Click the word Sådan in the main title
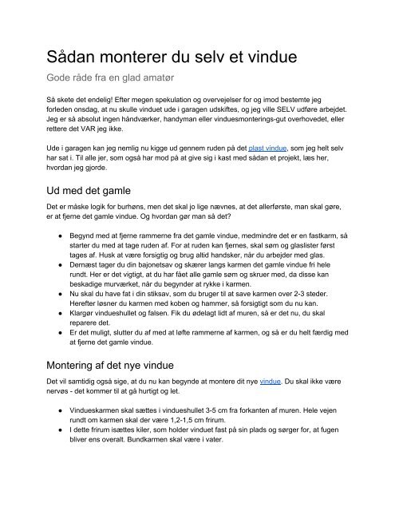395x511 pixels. pyautogui.click(x=78, y=60)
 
